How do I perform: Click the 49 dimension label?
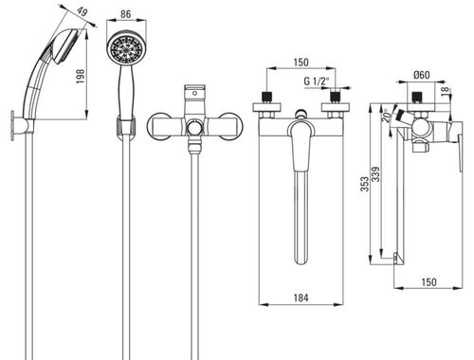pos(82,12)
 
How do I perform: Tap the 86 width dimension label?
pos(126,14)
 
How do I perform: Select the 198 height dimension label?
pos(81,76)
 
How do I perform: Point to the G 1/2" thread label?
pos(317,81)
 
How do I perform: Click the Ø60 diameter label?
pos(422,75)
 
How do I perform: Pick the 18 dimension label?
pos(446,91)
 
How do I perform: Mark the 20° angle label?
pos(386,116)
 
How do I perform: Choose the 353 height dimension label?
pos(365,184)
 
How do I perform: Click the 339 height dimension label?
pos(376,174)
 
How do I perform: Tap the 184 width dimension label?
pos(301,297)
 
